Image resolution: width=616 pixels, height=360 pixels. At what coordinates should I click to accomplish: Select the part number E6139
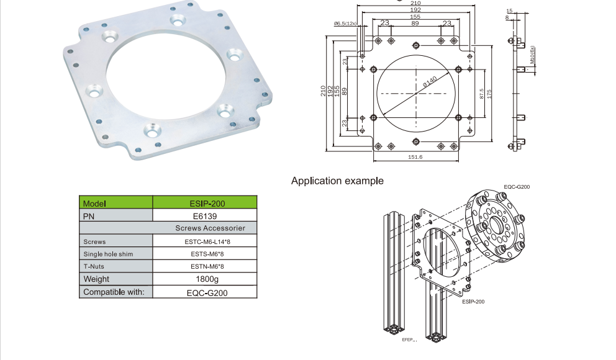click(x=205, y=216)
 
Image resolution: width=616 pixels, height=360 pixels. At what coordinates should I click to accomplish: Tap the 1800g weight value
click(x=207, y=279)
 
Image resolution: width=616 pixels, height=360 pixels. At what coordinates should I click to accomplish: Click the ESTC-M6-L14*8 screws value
click(x=207, y=242)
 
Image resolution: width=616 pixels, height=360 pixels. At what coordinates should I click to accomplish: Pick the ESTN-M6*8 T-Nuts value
click(x=207, y=266)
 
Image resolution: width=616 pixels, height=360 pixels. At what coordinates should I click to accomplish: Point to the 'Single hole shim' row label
click(x=108, y=254)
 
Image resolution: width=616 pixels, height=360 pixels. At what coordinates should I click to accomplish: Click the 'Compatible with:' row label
click(x=114, y=292)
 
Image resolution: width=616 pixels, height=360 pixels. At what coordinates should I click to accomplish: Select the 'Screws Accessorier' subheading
click(x=210, y=228)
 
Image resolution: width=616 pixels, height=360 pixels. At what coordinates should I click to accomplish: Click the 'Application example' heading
click(x=337, y=181)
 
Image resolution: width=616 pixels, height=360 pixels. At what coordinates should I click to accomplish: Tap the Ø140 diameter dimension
click(x=430, y=82)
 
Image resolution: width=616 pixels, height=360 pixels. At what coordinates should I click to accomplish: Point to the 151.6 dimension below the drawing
click(x=415, y=157)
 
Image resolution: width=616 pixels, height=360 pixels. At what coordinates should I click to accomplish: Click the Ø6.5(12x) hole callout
click(x=345, y=24)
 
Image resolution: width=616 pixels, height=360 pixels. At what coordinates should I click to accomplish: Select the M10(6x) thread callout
click(x=532, y=55)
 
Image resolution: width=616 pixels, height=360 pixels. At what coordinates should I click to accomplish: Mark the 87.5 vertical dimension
click(x=482, y=94)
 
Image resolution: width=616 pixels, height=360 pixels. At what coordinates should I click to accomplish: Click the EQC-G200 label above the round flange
click(x=517, y=187)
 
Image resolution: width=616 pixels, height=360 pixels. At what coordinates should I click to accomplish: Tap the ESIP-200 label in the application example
click(x=473, y=302)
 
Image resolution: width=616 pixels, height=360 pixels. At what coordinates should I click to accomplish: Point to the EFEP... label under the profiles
click(x=409, y=340)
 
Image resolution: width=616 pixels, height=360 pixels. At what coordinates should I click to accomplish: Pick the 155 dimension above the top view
click(x=415, y=17)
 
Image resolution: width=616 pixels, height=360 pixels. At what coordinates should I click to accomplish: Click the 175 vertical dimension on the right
click(x=489, y=94)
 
